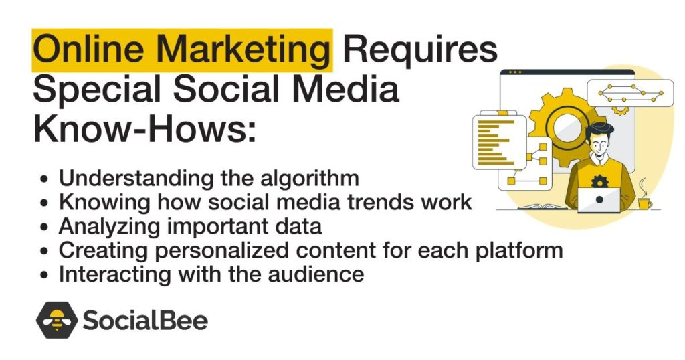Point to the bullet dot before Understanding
[44, 180]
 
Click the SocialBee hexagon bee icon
[56, 321]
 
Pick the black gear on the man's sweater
[599, 181]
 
